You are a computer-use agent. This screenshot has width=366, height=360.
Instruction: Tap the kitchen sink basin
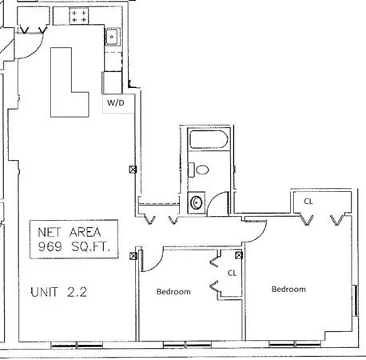[113, 36]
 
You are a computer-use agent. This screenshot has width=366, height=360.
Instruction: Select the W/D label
[114, 103]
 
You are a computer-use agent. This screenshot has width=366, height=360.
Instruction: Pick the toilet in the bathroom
[201, 169]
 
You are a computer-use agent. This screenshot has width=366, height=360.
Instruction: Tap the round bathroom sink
[196, 201]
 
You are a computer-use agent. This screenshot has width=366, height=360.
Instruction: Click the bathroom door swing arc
[216, 204]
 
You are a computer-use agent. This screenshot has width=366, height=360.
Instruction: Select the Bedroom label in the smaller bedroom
[173, 292]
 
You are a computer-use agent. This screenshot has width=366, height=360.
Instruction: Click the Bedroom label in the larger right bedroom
[288, 289]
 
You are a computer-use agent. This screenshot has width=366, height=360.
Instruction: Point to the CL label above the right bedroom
[308, 202]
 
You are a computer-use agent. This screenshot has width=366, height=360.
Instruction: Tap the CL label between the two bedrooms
[233, 273]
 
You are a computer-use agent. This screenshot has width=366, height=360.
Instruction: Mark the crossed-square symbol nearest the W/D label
[132, 169]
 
